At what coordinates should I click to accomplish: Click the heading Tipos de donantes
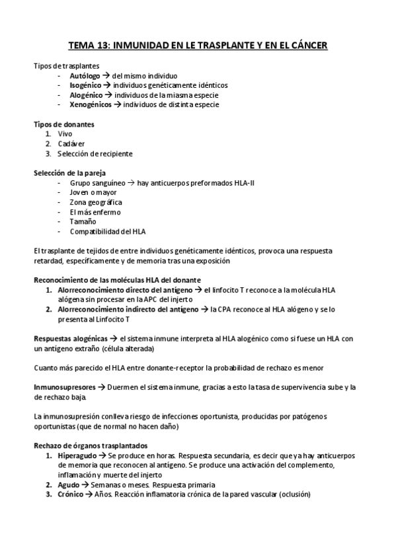63,124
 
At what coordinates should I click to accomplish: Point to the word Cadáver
71,143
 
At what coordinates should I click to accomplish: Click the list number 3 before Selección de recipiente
48,153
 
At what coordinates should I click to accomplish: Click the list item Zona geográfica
95,202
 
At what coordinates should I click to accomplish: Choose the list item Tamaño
83,222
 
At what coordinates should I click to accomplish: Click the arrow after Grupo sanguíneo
131,183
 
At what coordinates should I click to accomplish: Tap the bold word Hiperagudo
77,456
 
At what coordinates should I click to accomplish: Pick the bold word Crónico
71,494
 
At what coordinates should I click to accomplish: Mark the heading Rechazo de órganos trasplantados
91,446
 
